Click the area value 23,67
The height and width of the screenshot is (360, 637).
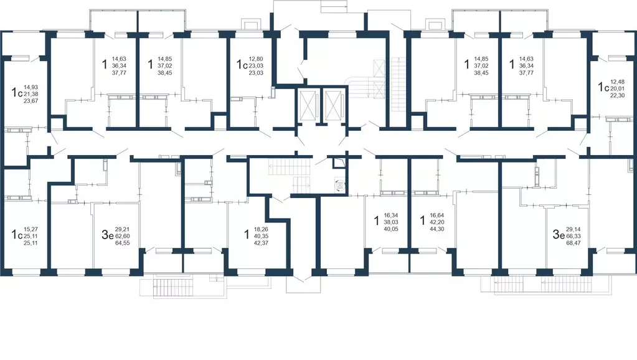coord(31,101)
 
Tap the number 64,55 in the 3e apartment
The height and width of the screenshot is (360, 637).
coord(122,243)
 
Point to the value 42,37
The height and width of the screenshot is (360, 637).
coord(261,243)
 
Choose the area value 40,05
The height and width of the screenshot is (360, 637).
coord(391,229)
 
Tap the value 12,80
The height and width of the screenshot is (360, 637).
coord(256,59)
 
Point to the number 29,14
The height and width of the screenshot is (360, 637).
coord(573,229)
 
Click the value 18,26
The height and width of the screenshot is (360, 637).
coord(261,229)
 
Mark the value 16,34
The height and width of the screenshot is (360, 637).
coord(391,215)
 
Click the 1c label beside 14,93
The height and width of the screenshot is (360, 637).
coord(17,93)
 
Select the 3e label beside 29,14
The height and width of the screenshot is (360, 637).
coord(559,234)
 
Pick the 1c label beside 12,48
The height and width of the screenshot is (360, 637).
coord(603,87)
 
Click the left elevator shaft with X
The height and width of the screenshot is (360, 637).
coord(308,105)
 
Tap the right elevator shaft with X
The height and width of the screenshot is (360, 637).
coord(334,105)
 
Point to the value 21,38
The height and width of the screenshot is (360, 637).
coord(31,94)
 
